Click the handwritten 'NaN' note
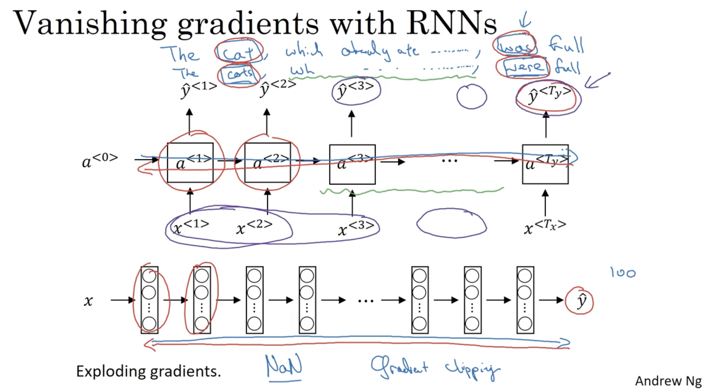[x=284, y=365]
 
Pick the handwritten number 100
[x=623, y=272]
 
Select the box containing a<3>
[x=352, y=164]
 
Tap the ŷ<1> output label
[x=198, y=89]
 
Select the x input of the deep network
[x=88, y=301]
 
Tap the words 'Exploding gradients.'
[x=148, y=371]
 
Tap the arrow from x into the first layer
[x=123, y=300]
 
